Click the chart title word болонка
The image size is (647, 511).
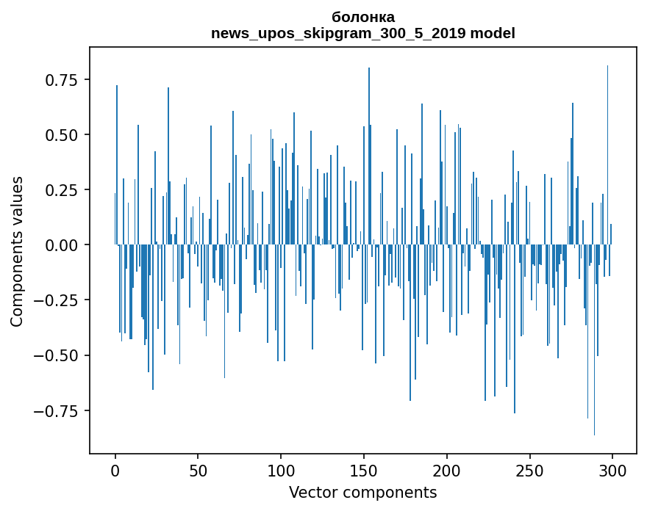pyautogui.click(x=363, y=17)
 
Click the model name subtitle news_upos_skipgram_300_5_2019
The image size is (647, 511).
pyautogui.click(x=339, y=33)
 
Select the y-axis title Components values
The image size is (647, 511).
pyautogui.click(x=17, y=251)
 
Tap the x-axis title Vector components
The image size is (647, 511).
pyautogui.click(x=362, y=493)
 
